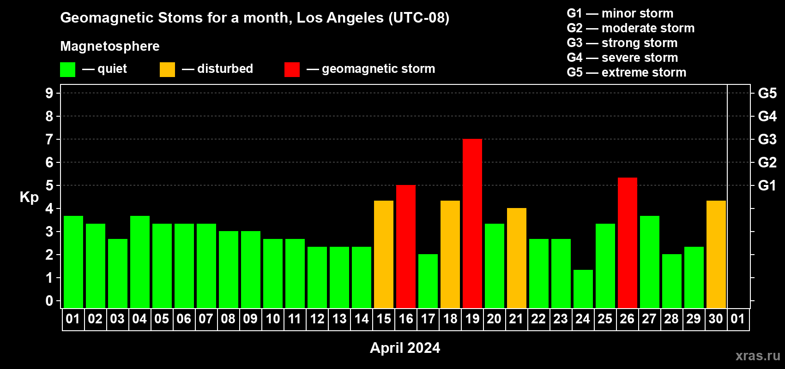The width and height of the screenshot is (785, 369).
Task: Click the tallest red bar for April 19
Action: click(x=472, y=223)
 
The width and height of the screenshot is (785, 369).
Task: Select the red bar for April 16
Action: click(x=406, y=246)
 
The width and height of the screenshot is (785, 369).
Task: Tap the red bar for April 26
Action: click(x=627, y=243)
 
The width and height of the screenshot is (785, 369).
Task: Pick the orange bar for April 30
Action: click(x=716, y=255)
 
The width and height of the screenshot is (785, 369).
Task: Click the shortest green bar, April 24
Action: click(x=583, y=289)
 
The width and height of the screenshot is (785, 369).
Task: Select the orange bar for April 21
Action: click(x=517, y=258)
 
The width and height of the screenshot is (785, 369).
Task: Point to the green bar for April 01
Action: click(x=73, y=262)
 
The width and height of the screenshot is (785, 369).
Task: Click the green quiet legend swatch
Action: click(x=67, y=69)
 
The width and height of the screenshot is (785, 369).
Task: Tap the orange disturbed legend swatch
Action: click(x=167, y=69)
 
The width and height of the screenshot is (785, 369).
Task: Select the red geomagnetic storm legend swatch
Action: click(x=292, y=69)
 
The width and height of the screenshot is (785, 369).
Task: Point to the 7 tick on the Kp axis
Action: click(x=49, y=139)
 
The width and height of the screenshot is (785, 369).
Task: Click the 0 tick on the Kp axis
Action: click(x=49, y=301)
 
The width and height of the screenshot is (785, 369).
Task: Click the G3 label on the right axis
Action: click(x=767, y=139)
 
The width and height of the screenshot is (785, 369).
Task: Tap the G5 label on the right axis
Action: click(x=767, y=93)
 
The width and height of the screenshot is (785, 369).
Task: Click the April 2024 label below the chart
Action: click(x=405, y=348)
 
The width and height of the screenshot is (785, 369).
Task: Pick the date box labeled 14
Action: click(x=362, y=319)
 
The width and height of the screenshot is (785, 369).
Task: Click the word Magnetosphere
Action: click(x=110, y=46)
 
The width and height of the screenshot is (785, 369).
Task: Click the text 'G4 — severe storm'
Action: click(x=622, y=57)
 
